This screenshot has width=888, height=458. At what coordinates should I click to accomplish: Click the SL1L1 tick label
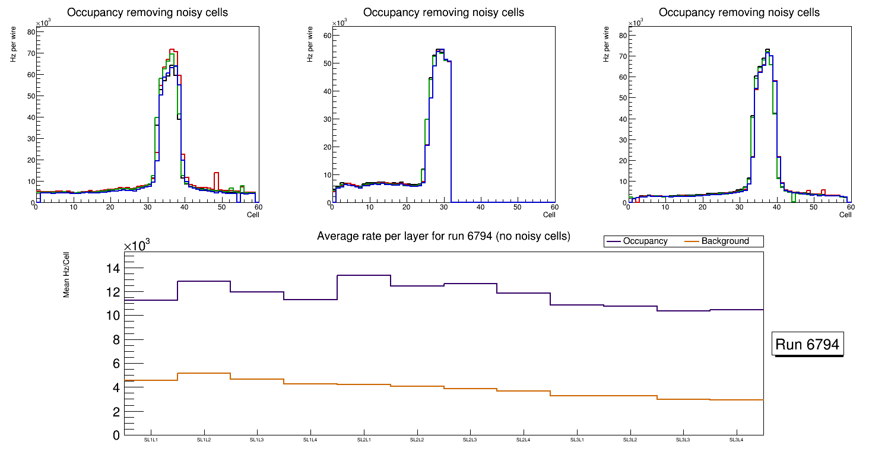coord(151,440)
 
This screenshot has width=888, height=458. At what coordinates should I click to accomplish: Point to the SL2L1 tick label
coord(364,440)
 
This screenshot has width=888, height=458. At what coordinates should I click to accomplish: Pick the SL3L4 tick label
coord(737,440)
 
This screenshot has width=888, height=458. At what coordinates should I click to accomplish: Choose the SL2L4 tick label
coord(524,440)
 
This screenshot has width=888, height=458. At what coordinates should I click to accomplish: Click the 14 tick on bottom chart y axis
coord(113,269)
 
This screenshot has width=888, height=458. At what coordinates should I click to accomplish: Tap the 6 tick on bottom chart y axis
coord(116,364)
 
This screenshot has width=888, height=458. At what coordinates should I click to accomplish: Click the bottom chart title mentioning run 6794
coord(443,236)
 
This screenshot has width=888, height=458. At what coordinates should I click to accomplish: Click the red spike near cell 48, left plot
coord(217,173)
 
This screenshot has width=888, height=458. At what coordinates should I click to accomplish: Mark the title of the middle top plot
coord(443,12)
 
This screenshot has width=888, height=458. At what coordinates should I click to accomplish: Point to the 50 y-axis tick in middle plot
coord(326,63)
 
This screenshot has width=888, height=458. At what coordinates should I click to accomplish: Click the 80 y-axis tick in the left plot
coord(30,32)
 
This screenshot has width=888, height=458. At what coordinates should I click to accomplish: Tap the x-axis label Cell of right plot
coord(845,215)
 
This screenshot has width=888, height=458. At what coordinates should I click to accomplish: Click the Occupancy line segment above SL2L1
coord(364,275)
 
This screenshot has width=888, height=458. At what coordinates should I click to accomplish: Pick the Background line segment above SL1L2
coord(204,373)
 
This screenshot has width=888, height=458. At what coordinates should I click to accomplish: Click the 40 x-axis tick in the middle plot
coord(480,207)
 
